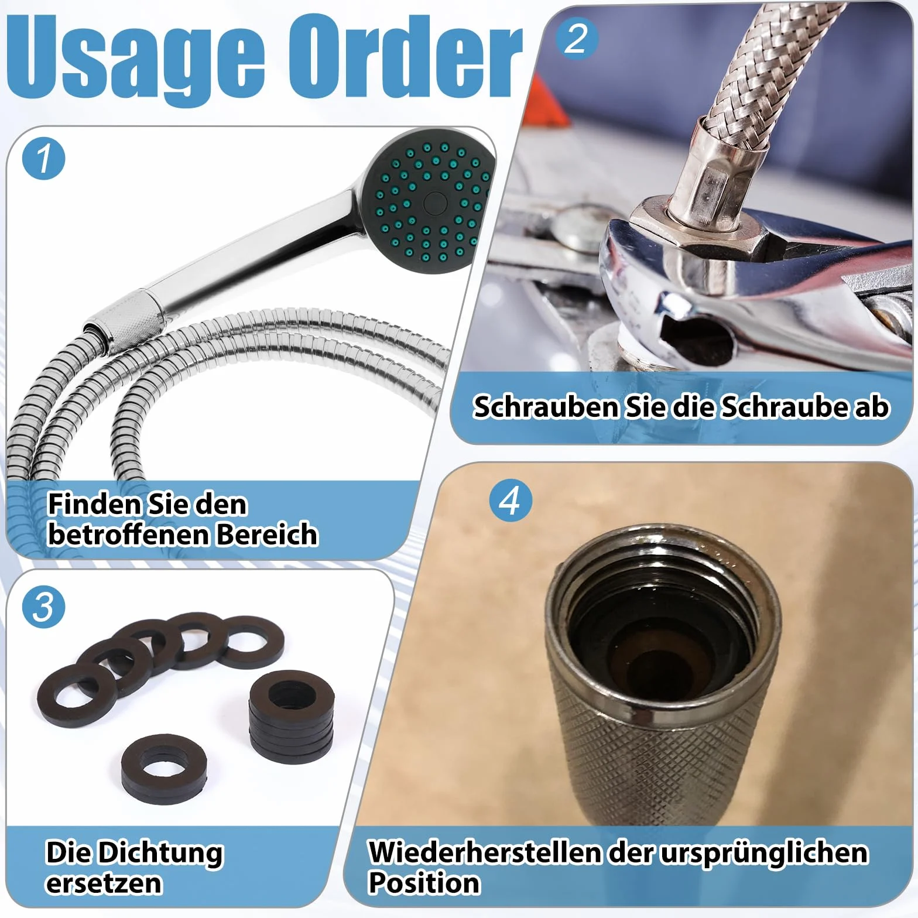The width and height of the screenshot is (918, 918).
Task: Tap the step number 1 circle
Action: click(44, 159)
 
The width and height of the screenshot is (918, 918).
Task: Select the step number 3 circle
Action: click(44, 607)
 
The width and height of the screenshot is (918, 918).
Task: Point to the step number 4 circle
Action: click(511, 501)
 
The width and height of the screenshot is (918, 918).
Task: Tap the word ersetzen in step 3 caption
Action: click(104, 883)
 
